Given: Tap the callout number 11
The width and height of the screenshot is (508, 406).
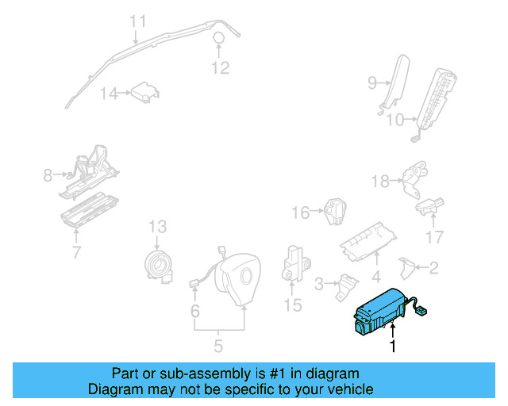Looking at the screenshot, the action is point(139,21).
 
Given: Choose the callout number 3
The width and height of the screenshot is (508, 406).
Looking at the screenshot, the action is point(320,283).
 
